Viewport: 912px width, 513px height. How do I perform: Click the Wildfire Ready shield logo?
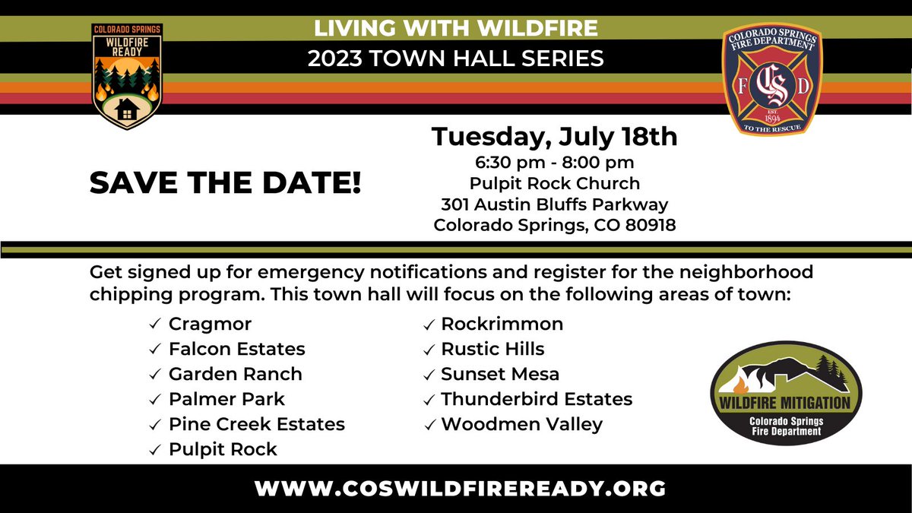(126, 76)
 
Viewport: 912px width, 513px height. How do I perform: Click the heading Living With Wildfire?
(456, 28)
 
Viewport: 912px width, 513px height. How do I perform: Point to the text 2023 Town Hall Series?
(456, 58)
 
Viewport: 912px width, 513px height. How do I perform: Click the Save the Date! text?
(225, 183)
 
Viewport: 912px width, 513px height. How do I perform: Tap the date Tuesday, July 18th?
(553, 137)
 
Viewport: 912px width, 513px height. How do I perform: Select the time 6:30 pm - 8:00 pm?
(553, 162)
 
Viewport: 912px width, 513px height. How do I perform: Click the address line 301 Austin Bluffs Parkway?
(554, 204)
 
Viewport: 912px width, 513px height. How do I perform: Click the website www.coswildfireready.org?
(461, 487)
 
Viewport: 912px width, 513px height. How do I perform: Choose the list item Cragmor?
(210, 325)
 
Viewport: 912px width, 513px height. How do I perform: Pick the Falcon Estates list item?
(236, 350)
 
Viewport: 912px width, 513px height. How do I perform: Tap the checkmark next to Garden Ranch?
(154, 375)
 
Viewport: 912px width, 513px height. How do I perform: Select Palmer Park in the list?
(226, 399)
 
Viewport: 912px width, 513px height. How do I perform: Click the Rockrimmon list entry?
(502, 325)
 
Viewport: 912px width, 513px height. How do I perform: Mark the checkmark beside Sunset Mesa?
(429, 375)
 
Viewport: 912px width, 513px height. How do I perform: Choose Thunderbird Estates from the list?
(536, 399)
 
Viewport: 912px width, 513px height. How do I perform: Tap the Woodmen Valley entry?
(521, 424)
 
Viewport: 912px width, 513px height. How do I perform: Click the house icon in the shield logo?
(127, 109)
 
